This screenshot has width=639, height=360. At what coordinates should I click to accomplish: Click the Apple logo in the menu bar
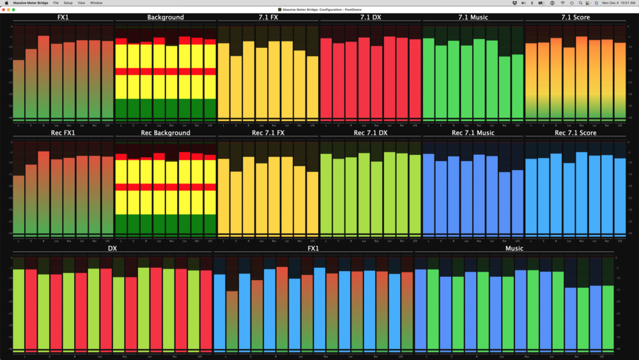6,3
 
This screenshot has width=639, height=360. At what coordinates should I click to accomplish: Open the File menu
56,3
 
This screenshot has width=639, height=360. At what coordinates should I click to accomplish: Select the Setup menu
68,3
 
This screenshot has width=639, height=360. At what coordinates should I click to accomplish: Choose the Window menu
96,3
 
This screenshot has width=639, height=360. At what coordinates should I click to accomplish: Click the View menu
81,3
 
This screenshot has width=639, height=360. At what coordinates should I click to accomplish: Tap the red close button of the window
5,10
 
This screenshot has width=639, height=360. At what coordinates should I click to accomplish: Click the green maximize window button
13,10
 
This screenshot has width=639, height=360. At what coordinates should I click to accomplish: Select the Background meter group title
165,17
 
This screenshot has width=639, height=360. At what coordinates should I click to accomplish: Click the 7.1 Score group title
575,17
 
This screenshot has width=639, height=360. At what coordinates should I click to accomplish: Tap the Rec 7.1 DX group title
370,133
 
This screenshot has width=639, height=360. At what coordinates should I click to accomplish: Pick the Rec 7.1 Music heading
473,133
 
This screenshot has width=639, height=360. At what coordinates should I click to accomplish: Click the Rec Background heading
165,133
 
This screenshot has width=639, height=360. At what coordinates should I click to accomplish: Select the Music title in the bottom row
514,248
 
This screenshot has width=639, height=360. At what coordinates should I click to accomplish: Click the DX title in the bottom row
112,248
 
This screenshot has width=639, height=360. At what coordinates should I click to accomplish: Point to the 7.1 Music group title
473,17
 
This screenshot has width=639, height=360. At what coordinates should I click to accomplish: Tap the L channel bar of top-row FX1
19,90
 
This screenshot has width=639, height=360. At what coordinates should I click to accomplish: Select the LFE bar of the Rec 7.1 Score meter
619,195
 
